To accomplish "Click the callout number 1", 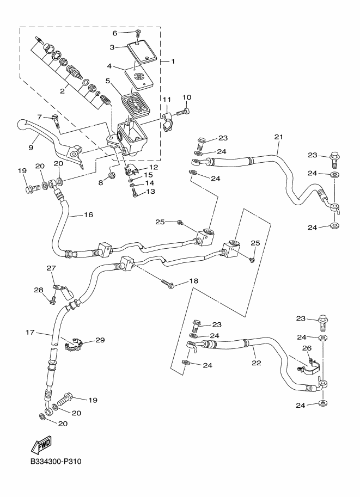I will coord(173,61).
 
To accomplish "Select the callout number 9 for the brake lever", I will coord(31,146).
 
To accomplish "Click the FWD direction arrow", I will coord(41,446).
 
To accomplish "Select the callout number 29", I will coord(100,340).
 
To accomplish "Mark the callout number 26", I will coord(307,348).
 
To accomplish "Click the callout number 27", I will coord(51,268).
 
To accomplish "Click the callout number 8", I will coord(100,183).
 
